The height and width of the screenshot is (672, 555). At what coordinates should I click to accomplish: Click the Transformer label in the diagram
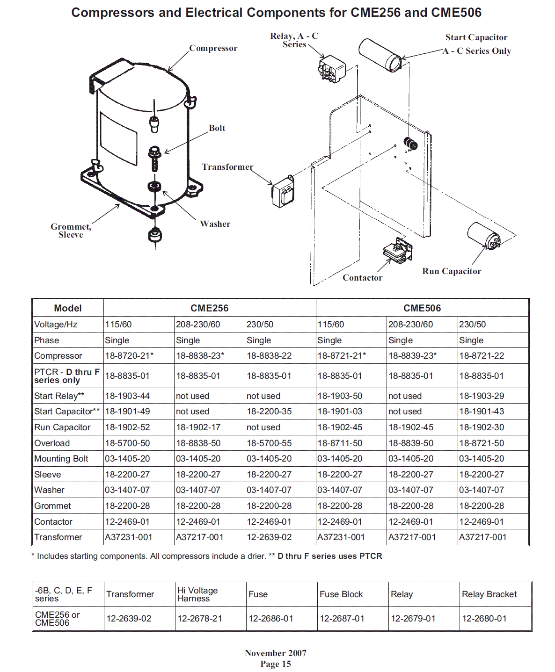pos(227,167)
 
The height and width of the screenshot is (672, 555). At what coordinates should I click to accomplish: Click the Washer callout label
pos(215,224)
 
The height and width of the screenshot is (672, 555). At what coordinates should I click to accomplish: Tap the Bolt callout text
pos(217,128)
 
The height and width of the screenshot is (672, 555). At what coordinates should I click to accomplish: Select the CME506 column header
pos(422,308)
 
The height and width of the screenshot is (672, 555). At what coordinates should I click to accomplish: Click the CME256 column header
pos(209,308)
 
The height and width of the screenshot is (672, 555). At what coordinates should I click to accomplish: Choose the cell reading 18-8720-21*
pos(129,356)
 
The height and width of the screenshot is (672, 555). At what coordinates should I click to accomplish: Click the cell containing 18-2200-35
pos(269,412)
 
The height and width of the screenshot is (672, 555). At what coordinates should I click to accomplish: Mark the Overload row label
pos(52,443)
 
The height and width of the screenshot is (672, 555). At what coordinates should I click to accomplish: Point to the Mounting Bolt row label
pos(61,459)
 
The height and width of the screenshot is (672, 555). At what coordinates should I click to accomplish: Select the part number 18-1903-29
pos(482,396)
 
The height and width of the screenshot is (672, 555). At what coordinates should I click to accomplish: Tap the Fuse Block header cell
pos(341,594)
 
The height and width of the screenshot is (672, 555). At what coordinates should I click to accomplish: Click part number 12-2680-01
pos(484,619)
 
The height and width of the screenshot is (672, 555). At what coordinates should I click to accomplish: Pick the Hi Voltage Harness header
pos(197,594)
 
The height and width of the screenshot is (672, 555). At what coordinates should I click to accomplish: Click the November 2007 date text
pos(276,653)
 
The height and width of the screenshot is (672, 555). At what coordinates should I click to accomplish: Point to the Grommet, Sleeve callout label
pos(71,231)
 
